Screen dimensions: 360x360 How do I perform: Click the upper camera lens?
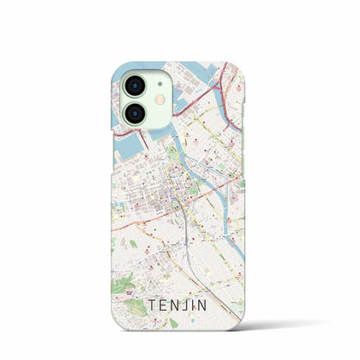136,86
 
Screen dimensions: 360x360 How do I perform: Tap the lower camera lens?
136,116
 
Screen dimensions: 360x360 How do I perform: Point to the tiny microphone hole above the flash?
159,86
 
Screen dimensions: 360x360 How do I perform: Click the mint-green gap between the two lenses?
136,101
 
